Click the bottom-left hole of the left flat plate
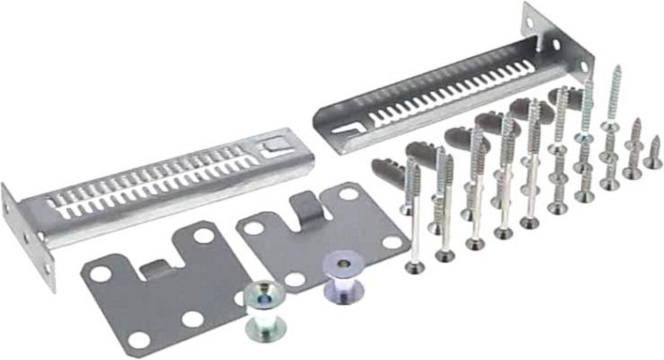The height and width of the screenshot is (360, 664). point(137,340)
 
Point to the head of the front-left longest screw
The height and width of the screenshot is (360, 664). point(413,266)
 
